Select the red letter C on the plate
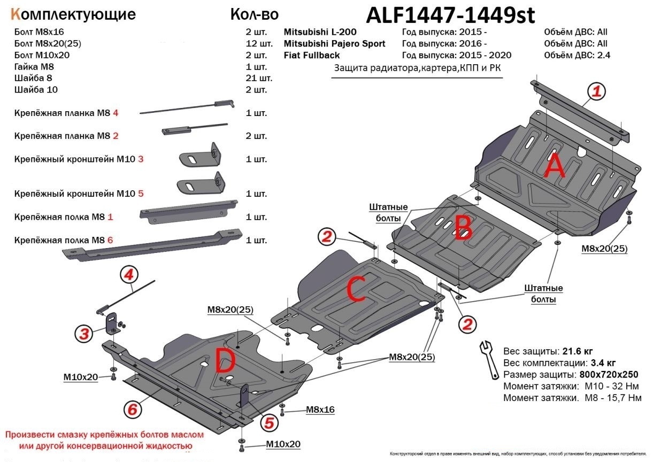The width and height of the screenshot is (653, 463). point(356,289)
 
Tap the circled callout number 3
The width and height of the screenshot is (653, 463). point(83,335)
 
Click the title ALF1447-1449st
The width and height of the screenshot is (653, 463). point(450,16)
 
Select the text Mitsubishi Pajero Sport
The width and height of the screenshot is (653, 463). point(334,43)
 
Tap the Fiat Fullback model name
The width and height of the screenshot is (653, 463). point(311,55)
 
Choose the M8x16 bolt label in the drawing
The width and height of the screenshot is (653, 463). point(320,410)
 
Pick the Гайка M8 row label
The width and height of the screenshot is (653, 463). point(34,67)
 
